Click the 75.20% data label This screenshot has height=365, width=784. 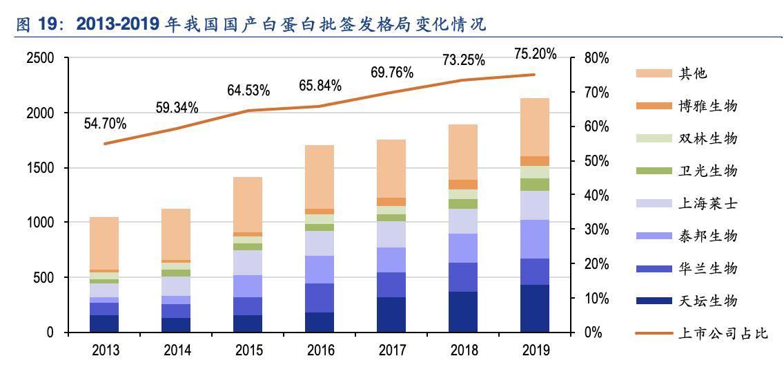535,54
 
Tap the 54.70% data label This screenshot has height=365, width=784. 105,124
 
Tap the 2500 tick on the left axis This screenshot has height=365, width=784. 40,58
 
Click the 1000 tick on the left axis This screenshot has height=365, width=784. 40,223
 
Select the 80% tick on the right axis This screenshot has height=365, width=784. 596,58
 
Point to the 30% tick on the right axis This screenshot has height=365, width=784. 596,230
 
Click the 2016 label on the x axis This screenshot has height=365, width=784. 320,350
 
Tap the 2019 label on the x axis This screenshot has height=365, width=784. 535,350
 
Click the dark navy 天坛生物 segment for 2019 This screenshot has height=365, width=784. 535,308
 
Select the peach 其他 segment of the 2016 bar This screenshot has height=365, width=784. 320,176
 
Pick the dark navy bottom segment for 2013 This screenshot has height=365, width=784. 104,324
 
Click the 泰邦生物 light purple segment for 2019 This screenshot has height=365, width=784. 535,238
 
